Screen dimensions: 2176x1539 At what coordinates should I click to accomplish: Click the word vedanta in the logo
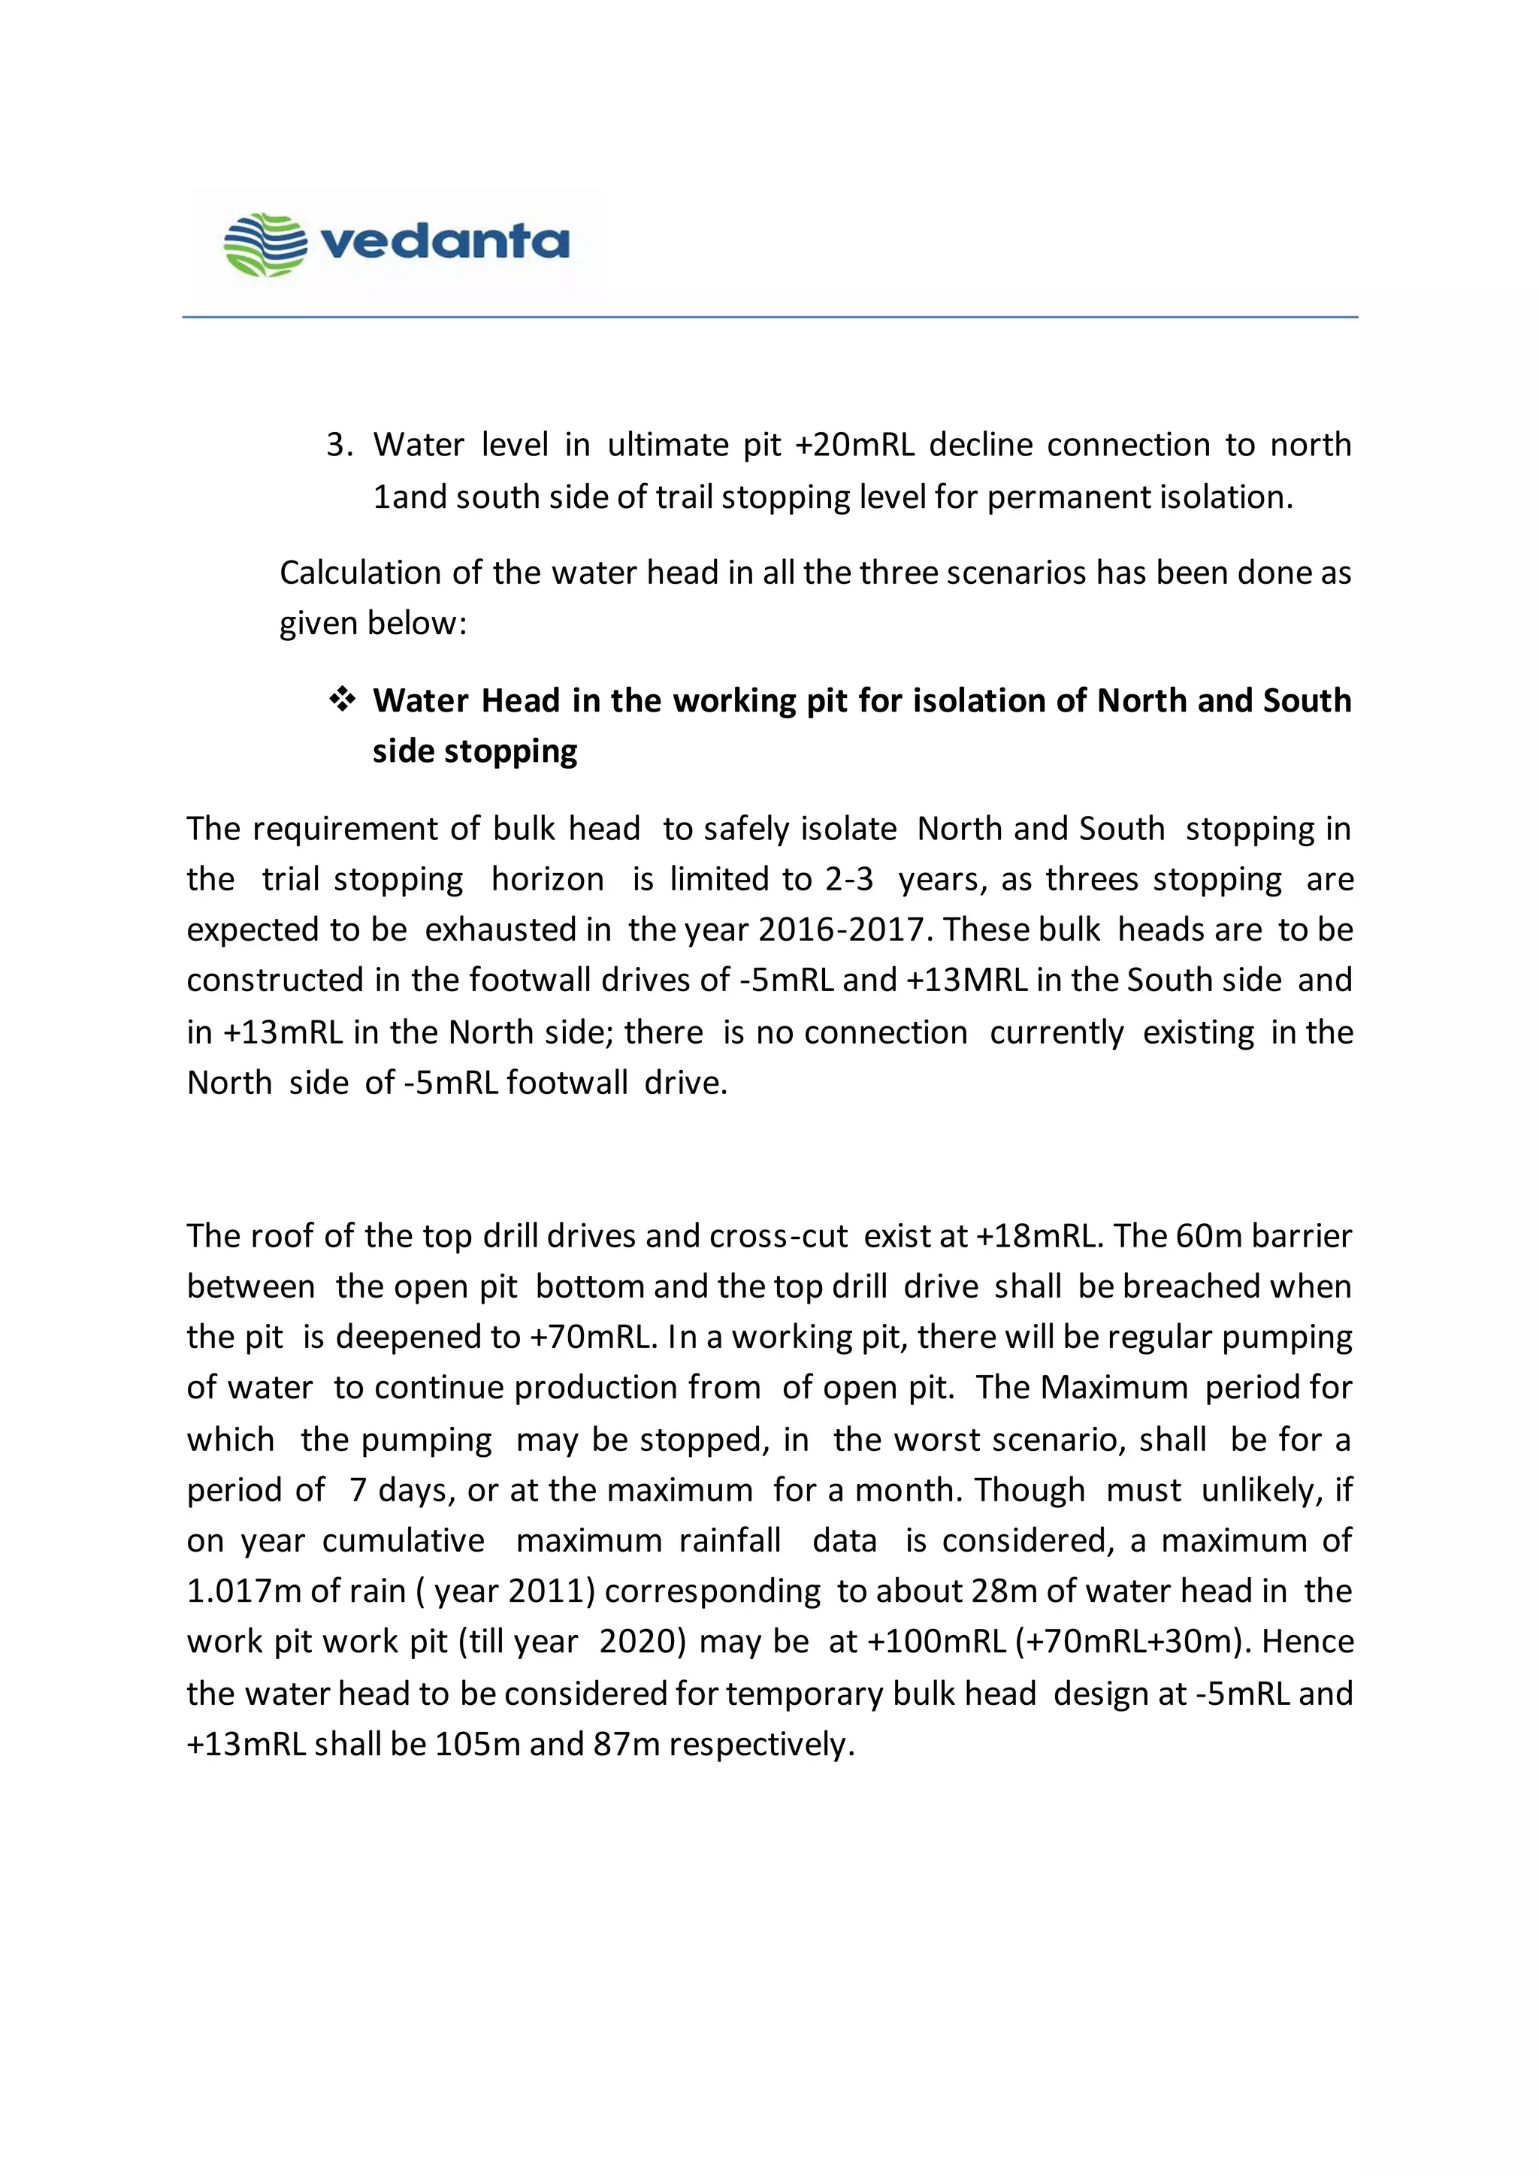(x=446, y=242)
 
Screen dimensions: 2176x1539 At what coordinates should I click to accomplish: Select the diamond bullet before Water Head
(x=341, y=700)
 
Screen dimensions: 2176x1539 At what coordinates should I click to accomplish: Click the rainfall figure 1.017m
(x=243, y=1591)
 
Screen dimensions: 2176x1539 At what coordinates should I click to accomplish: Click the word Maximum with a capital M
(x=1114, y=1388)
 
